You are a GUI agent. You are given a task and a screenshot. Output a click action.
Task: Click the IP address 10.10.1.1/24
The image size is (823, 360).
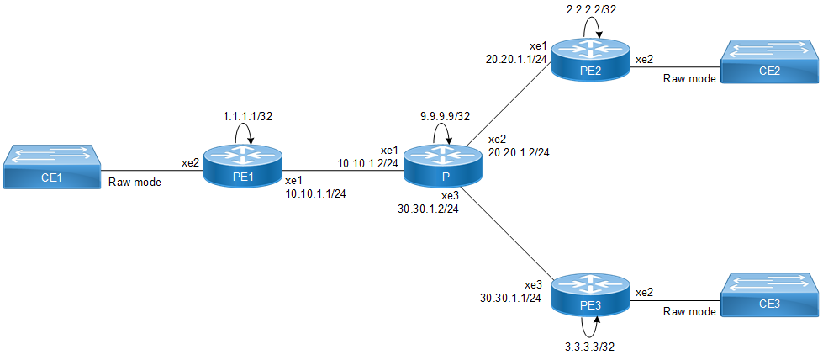pyautogui.click(x=315, y=193)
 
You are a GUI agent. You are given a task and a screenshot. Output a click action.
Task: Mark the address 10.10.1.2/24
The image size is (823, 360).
pyautogui.click(x=368, y=162)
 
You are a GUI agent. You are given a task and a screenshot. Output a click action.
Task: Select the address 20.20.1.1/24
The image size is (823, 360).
pyautogui.click(x=516, y=59)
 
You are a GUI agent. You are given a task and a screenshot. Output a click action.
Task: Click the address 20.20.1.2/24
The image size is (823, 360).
pyautogui.click(x=519, y=154)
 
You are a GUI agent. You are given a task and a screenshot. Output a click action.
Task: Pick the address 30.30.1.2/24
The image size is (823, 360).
pyautogui.click(x=428, y=208)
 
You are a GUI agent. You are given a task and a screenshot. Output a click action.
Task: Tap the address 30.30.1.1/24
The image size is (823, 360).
pyautogui.click(x=510, y=297)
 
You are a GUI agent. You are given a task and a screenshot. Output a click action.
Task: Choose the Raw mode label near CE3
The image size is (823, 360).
pyautogui.click(x=689, y=311)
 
